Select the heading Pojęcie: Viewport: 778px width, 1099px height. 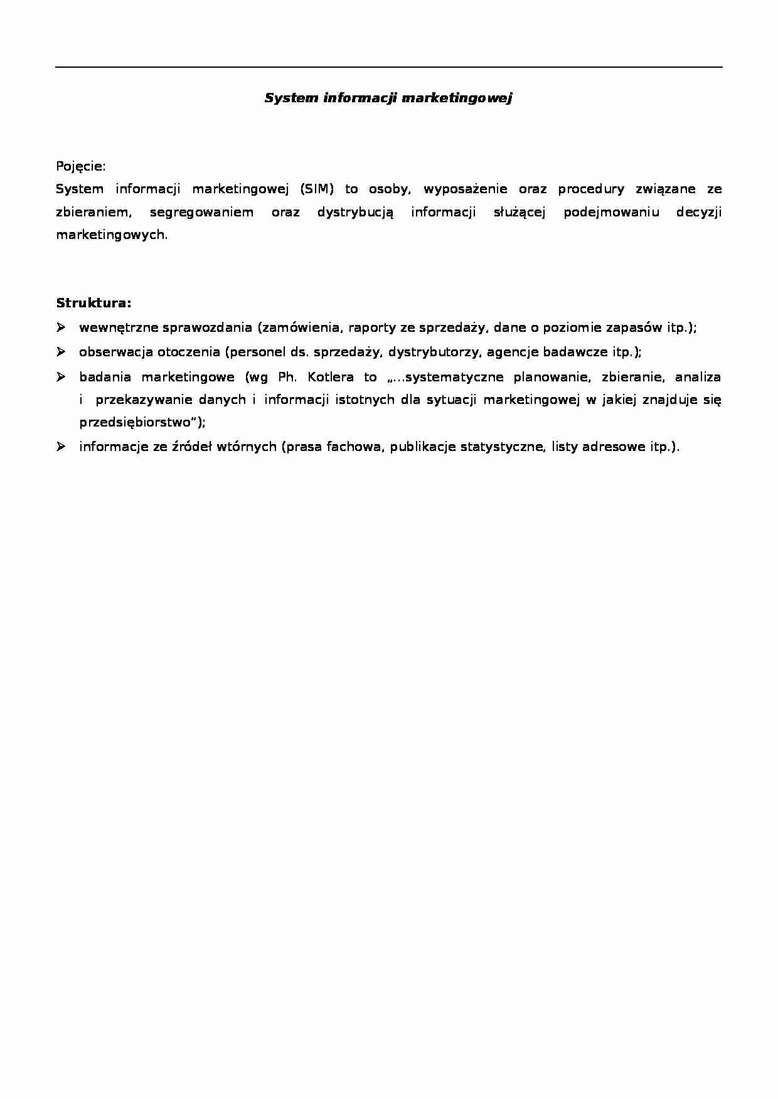pos(81,167)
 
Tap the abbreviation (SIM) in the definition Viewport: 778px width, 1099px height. pos(317,189)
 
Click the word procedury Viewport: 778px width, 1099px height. pos(591,189)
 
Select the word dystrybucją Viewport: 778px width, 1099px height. pos(355,212)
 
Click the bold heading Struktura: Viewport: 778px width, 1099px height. pos(94,304)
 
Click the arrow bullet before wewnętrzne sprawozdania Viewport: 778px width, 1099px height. pos(61,327)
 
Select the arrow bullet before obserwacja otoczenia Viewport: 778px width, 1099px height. pos(61,351)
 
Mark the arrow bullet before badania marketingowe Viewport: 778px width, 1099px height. pos(61,376)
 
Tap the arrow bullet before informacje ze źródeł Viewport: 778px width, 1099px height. pos(61,446)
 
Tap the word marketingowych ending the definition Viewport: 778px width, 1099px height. pos(112,235)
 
